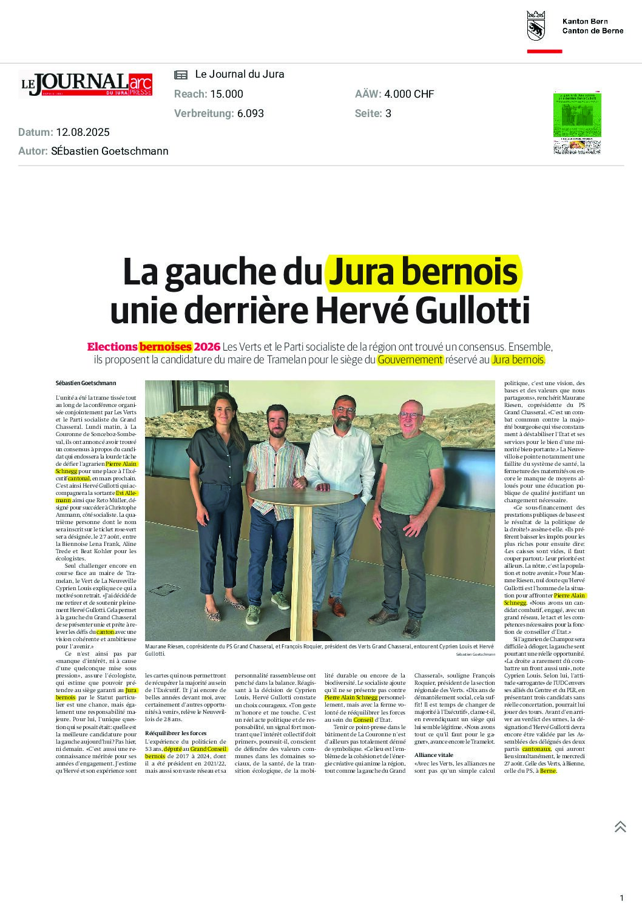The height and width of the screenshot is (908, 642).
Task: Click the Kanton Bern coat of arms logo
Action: coord(536,25)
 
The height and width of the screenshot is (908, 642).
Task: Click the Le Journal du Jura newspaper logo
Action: coord(85,84)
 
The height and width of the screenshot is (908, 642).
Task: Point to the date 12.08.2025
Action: coord(83,132)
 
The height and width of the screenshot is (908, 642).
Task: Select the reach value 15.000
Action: coord(226,94)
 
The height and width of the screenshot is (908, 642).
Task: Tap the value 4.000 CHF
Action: coord(409,94)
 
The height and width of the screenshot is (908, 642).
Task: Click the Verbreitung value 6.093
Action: coord(251,113)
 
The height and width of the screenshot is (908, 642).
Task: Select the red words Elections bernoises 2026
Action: coord(153,347)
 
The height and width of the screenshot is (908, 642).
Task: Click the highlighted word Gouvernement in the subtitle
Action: coord(410,360)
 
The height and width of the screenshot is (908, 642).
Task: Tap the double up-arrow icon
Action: coord(620,826)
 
